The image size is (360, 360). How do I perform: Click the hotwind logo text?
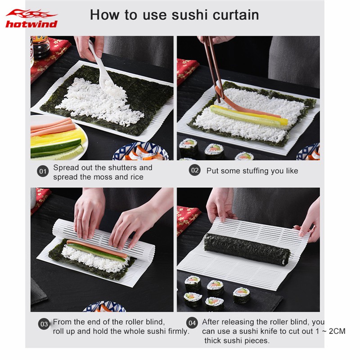31,24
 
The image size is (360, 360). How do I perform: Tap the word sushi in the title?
189,15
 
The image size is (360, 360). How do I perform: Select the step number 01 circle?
43,171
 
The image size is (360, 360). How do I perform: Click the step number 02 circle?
195,171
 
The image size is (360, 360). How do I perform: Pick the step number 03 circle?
44,324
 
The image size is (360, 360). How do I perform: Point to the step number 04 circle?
192,323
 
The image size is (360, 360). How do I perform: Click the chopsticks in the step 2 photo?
213,69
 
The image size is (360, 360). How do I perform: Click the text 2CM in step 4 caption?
337,331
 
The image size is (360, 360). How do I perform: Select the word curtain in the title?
236,15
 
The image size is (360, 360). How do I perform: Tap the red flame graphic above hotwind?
31,14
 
